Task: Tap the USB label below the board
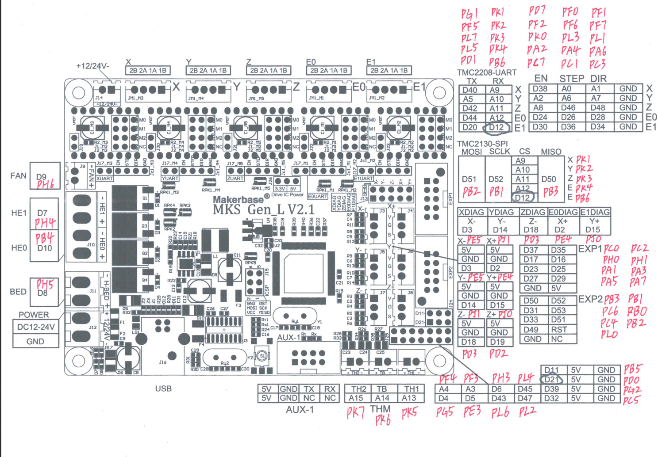coord(163,388)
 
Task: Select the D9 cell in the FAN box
coord(42,177)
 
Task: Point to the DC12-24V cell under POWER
coord(36,327)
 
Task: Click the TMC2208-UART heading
coord(487,72)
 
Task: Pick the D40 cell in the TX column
coord(470,89)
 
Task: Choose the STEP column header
coord(572,79)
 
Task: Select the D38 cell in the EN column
coord(540,88)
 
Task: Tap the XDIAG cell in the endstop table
coord(472,212)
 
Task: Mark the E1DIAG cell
coord(595,212)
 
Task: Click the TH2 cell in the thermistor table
coord(359,389)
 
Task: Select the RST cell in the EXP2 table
coord(559,330)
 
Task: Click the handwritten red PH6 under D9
coord(45,185)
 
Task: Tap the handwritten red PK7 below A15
coord(355,413)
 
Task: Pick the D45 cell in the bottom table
coord(525,389)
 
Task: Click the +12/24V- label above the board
coord(92,66)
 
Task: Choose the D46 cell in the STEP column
coord(568,107)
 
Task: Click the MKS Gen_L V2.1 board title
coord(264,209)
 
